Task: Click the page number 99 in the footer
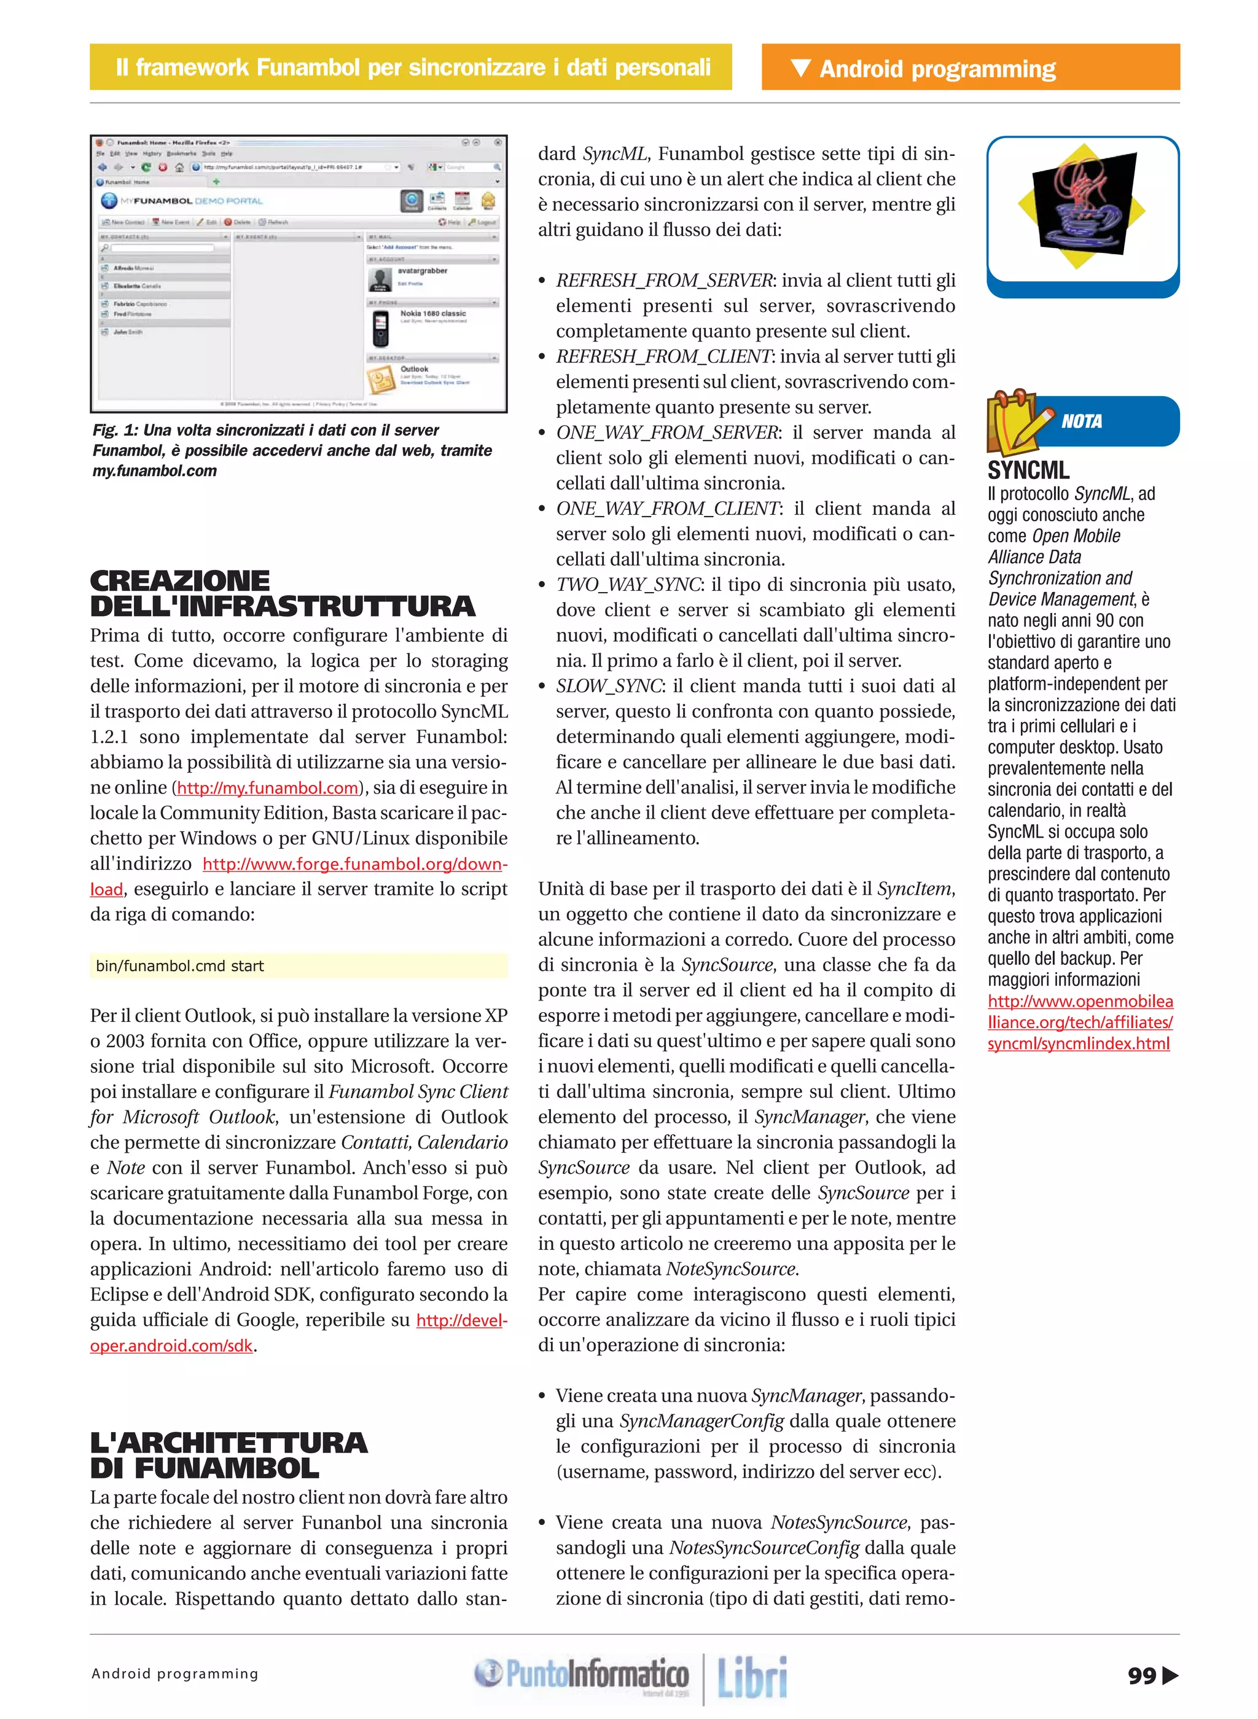pos(1141,1675)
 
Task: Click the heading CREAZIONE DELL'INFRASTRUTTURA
pos(282,593)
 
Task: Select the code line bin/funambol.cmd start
pos(180,966)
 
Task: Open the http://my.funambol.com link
pos(267,788)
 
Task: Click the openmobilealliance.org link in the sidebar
pos(1080,1023)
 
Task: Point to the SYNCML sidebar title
pos(1028,470)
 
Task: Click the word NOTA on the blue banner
pos(1081,421)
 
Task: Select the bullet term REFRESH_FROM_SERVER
pos(664,281)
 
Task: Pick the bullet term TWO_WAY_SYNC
pos(628,585)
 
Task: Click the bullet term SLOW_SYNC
pos(609,686)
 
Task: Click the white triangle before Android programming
pos(801,68)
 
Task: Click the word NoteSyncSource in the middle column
pos(730,1269)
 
